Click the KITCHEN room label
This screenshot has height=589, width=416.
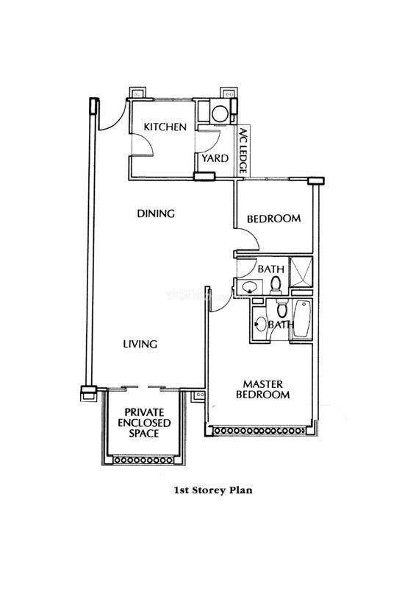pyautogui.click(x=165, y=127)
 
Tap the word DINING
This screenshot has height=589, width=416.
pyautogui.click(x=156, y=214)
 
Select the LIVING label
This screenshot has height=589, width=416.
pyautogui.click(x=140, y=344)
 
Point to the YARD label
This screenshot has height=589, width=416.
pyautogui.click(x=215, y=158)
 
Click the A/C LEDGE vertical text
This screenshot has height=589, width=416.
pyautogui.click(x=243, y=151)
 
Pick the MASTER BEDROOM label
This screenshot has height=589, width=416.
pyautogui.click(x=263, y=389)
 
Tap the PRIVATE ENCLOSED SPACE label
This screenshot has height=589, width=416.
pyautogui.click(x=144, y=423)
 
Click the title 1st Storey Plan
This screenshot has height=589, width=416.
pyautogui.click(x=213, y=490)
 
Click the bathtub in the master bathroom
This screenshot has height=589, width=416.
pyautogui.click(x=302, y=320)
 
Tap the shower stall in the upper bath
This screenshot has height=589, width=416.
pyautogui.click(x=301, y=271)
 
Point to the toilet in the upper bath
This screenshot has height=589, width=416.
pyautogui.click(x=276, y=284)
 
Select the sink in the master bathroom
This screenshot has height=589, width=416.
pyautogui.click(x=260, y=324)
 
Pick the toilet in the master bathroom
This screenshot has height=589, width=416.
pyautogui.click(x=281, y=309)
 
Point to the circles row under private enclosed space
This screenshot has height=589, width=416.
pyautogui.click(x=143, y=459)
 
